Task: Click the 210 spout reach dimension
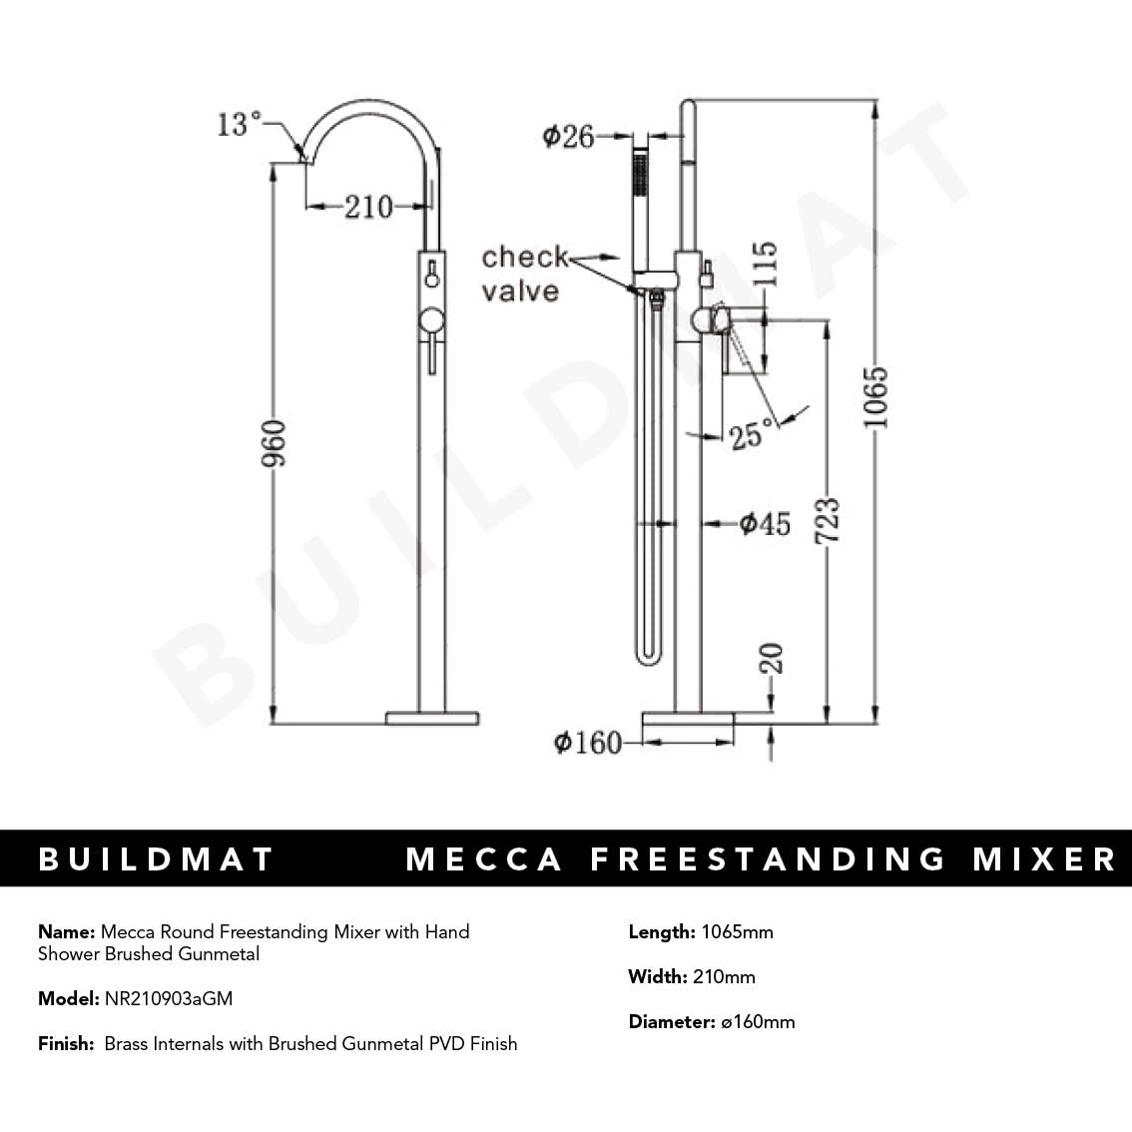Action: (368, 207)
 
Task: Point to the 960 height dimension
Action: (274, 443)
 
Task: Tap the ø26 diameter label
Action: (568, 136)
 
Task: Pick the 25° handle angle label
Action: (752, 434)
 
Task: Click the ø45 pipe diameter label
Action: (764, 523)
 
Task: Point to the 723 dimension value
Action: (828, 521)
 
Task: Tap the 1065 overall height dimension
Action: (874, 397)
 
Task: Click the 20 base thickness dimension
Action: (771, 659)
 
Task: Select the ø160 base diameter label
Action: (587, 743)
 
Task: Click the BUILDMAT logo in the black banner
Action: (156, 859)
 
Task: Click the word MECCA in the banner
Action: (484, 859)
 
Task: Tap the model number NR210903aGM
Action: (168, 998)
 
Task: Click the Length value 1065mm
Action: (737, 932)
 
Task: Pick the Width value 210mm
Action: (724, 976)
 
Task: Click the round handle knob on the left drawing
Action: (431, 321)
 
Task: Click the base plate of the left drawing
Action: (432, 717)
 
